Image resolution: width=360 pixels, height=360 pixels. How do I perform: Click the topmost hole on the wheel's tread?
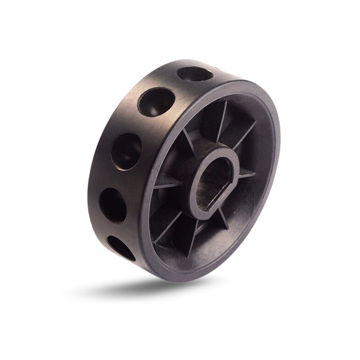(x=195, y=74)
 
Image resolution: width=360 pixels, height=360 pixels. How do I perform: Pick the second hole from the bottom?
(x=112, y=205)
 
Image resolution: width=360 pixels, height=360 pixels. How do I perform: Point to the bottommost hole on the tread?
(x=121, y=248)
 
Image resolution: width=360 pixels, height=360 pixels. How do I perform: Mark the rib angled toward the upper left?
(x=189, y=139)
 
